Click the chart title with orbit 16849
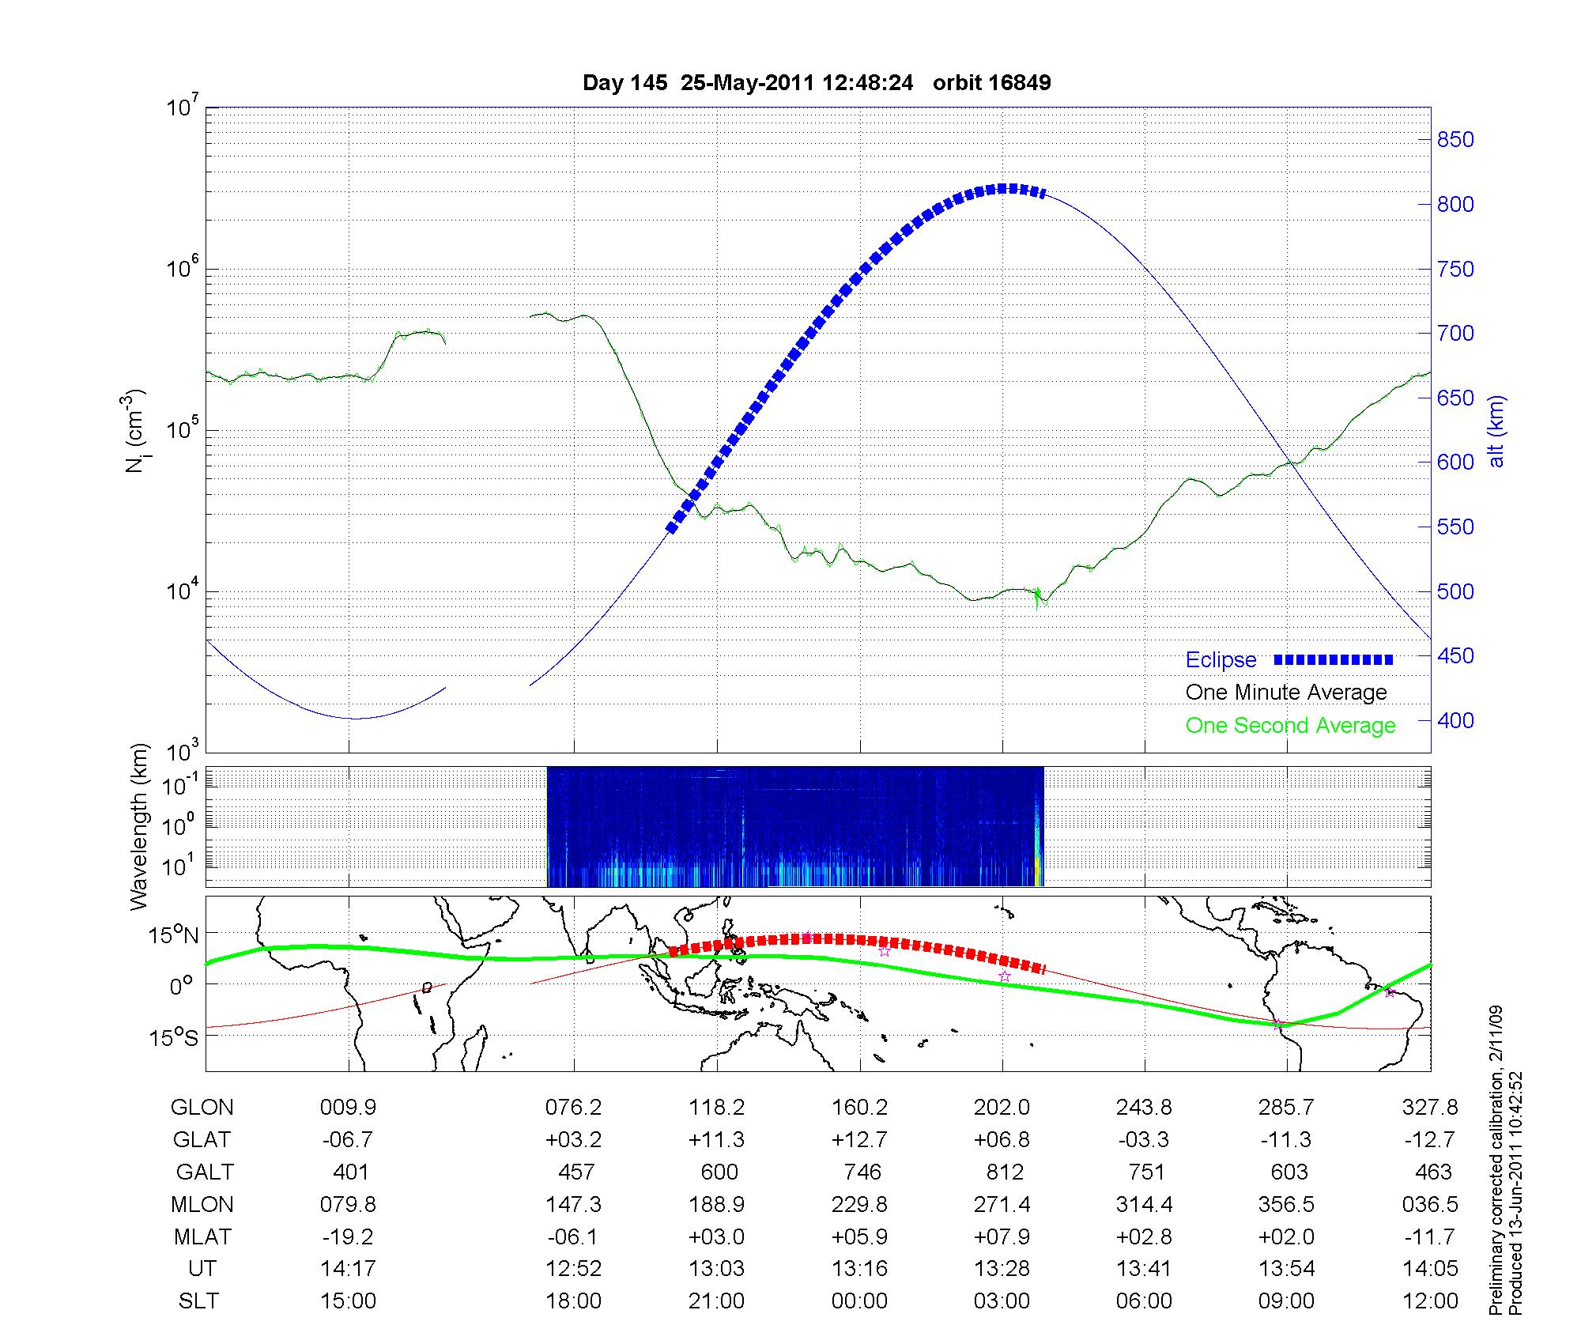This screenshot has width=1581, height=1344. click(817, 83)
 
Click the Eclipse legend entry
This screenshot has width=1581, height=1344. click(1221, 660)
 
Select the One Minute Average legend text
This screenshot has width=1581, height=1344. click(1286, 693)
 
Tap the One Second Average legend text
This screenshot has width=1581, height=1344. click(1290, 726)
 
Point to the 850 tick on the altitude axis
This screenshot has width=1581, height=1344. click(1455, 140)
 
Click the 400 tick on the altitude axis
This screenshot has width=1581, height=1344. click(1455, 720)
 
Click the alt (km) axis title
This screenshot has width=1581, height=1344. click(1496, 431)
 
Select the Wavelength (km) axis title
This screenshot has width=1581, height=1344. click(139, 827)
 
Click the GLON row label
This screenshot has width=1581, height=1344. click(202, 1108)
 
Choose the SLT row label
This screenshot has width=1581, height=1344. click(198, 1301)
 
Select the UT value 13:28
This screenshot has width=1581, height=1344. click(1002, 1269)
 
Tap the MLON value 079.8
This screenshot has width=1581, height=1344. click(349, 1205)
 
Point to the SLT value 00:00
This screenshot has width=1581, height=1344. click(859, 1301)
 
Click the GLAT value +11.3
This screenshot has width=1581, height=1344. click(716, 1140)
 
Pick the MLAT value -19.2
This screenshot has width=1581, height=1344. click(349, 1236)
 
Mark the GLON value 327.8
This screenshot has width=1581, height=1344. click(1430, 1108)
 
